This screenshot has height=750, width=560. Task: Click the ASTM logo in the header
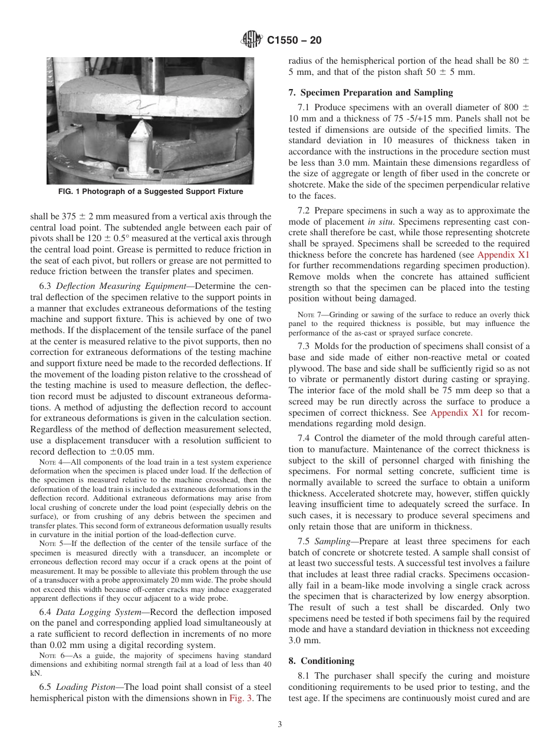coord(252,40)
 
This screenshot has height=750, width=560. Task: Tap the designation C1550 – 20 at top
coord(294,41)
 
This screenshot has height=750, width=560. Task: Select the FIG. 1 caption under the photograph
coord(150,192)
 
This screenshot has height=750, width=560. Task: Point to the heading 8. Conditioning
coord(321,661)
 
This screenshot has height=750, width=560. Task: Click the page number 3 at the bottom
coord(280,725)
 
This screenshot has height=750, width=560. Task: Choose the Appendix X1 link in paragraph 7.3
coord(457,413)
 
